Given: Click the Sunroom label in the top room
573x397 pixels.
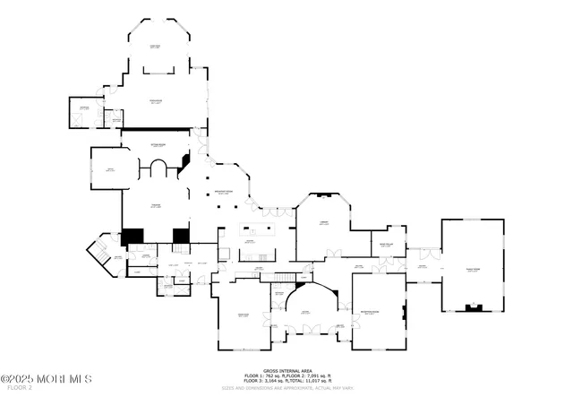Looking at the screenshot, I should (155, 47).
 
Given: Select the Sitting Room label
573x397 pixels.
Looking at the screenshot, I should (156, 143).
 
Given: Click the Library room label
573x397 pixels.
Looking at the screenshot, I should (323, 223).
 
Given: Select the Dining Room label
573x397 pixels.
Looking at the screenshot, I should (243, 315).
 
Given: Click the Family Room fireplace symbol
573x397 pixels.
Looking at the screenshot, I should (473, 307).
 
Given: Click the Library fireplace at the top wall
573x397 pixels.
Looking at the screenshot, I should (323, 194).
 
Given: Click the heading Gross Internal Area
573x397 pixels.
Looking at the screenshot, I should (286, 368).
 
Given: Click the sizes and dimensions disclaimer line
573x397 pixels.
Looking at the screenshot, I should (286, 387).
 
